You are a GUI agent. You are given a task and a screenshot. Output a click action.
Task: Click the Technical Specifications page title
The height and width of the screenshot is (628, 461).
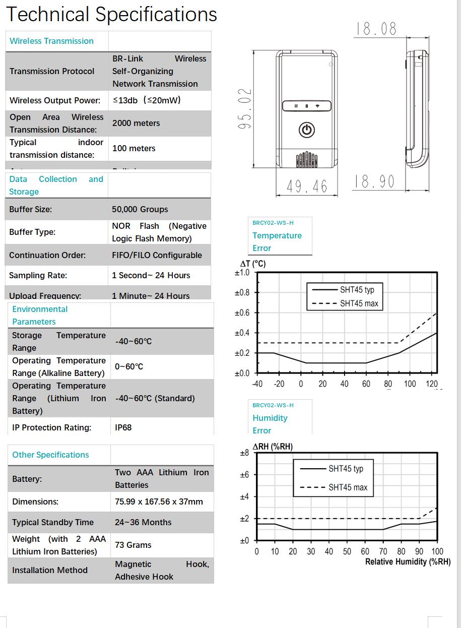click(111, 15)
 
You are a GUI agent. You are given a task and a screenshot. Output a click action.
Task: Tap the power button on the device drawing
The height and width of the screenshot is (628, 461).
click(307, 130)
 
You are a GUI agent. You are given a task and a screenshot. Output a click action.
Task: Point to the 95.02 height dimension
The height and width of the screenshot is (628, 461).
click(244, 109)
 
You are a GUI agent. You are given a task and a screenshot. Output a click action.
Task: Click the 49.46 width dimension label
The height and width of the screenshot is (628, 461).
click(307, 186)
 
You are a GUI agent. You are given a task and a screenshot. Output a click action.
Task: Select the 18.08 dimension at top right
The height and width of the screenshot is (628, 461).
click(376, 29)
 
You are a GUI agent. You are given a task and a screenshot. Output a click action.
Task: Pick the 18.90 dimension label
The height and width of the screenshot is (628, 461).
click(374, 181)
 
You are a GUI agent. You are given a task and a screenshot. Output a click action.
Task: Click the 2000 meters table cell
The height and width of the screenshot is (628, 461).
click(136, 123)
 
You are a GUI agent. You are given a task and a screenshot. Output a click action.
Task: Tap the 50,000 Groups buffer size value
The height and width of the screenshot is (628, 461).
click(140, 209)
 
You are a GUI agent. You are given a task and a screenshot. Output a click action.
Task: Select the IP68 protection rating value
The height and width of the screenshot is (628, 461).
click(123, 427)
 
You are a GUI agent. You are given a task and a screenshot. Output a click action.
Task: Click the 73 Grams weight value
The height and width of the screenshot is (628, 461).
click(133, 545)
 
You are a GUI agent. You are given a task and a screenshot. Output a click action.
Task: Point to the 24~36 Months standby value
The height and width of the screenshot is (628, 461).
click(143, 522)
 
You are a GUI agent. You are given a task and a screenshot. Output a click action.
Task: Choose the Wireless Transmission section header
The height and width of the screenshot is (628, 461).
click(51, 41)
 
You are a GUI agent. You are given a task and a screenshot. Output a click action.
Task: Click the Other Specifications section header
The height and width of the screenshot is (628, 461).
click(50, 455)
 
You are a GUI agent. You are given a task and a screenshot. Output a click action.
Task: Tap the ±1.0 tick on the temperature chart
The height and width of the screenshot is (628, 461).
click(242, 273)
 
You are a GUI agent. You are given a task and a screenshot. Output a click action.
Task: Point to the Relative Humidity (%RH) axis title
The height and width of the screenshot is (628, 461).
click(408, 562)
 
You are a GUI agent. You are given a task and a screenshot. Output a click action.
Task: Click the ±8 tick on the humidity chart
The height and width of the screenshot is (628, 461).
click(244, 453)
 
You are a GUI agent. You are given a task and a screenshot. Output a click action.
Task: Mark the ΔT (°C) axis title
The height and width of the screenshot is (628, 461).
click(252, 264)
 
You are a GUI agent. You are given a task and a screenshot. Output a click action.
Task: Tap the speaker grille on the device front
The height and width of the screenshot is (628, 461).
click(306, 160)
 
